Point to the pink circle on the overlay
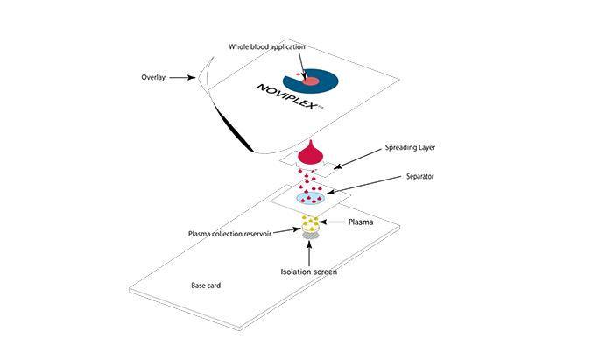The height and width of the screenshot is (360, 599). [x=310, y=81]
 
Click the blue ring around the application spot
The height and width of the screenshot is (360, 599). [x=326, y=81]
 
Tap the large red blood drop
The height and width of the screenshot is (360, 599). [x=311, y=155]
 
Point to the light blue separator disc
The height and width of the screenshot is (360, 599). [x=311, y=200]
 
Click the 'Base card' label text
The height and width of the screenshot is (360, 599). [x=208, y=286]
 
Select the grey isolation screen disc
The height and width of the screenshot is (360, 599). [x=310, y=236]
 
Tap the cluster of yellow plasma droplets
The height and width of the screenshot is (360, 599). [x=310, y=222]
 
